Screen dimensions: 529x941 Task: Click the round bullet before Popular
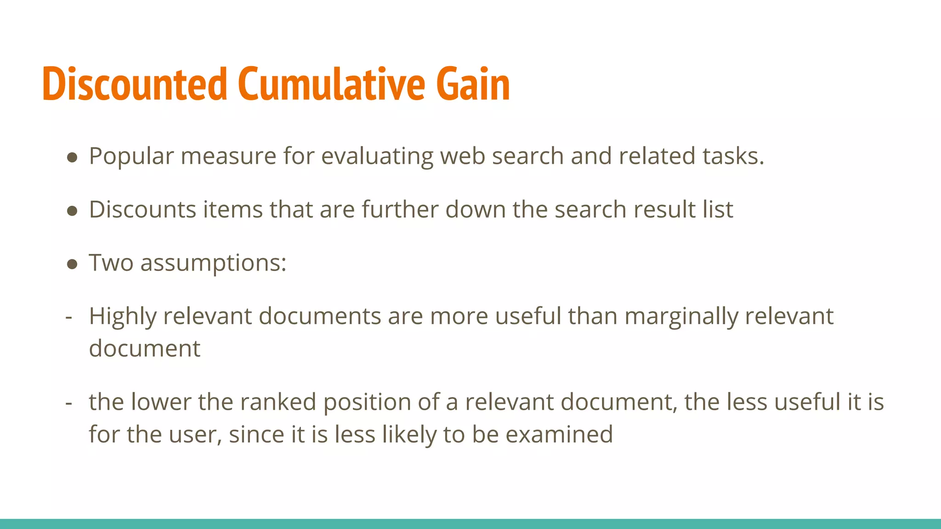tap(72, 158)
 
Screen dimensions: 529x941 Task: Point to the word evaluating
tap(377, 157)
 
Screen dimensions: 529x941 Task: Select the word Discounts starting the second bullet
tap(142, 210)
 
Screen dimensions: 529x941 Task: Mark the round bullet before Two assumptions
tap(72, 264)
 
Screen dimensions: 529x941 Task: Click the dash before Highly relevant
tap(69, 317)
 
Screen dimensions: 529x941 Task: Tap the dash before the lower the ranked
tap(69, 403)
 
